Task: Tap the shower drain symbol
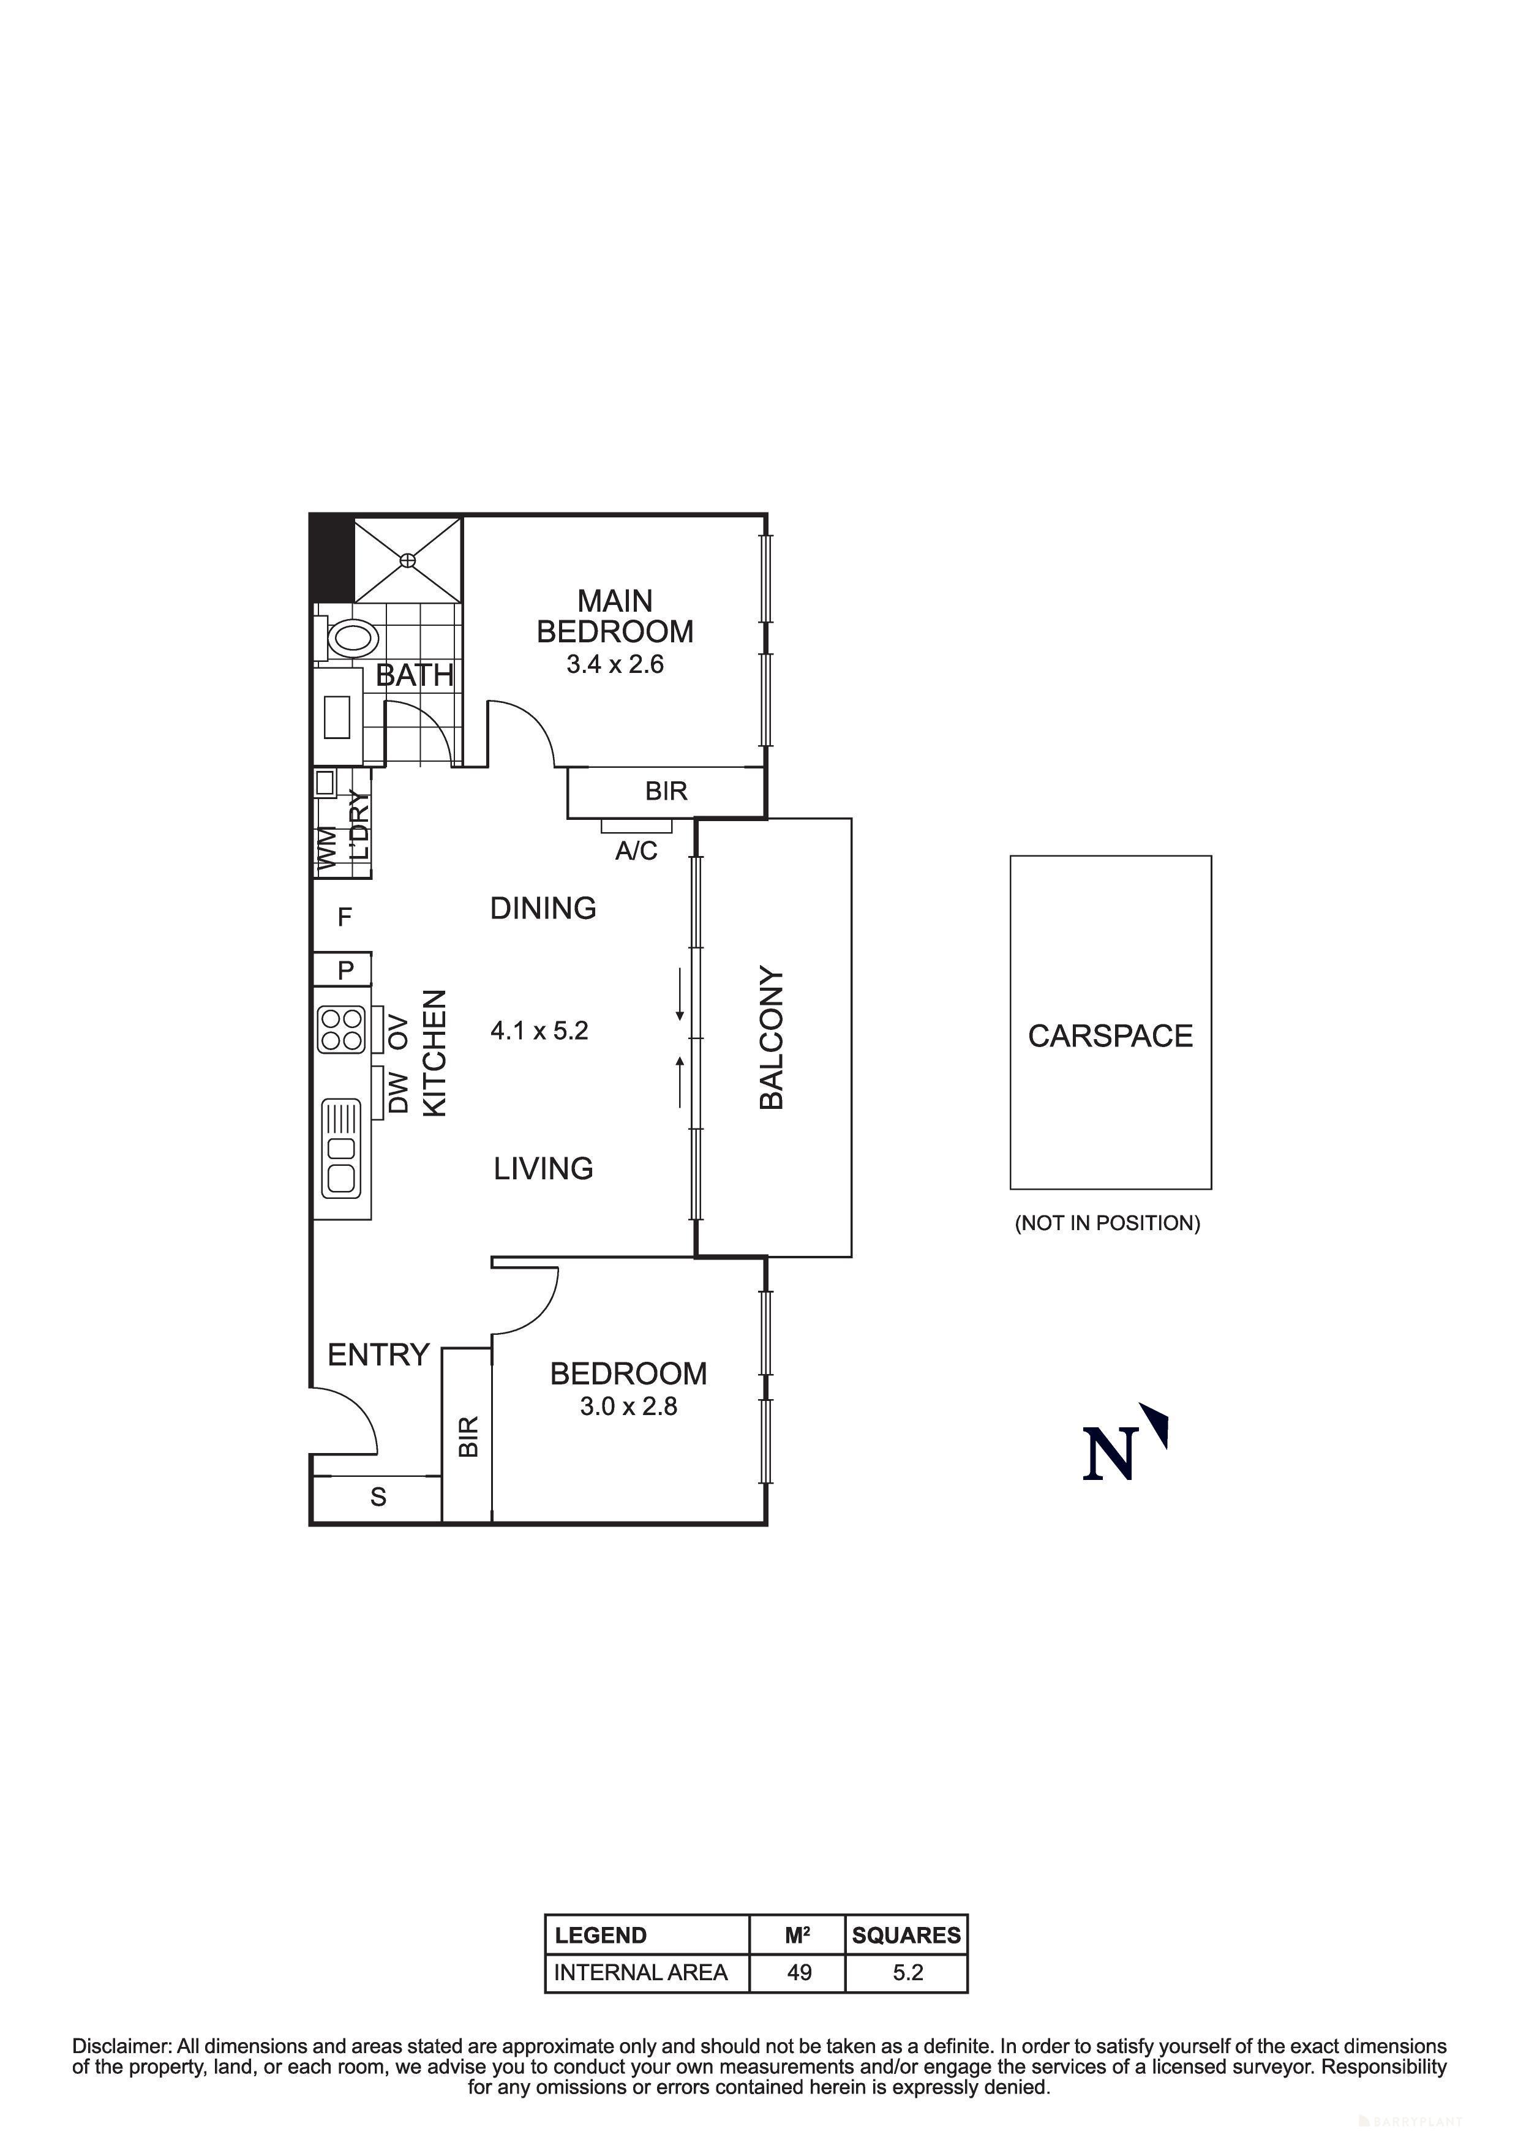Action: [408, 560]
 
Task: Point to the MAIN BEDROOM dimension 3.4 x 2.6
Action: [615, 664]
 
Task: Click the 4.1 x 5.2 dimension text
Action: [539, 1031]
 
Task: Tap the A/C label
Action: [636, 851]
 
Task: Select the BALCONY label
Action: [772, 1037]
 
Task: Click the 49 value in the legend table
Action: [798, 1973]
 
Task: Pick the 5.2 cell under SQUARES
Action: [907, 1973]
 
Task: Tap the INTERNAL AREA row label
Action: [641, 1973]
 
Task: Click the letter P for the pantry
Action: [346, 970]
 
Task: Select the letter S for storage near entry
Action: [378, 1497]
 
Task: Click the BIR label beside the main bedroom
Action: [666, 792]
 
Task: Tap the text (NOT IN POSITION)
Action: [1107, 1223]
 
